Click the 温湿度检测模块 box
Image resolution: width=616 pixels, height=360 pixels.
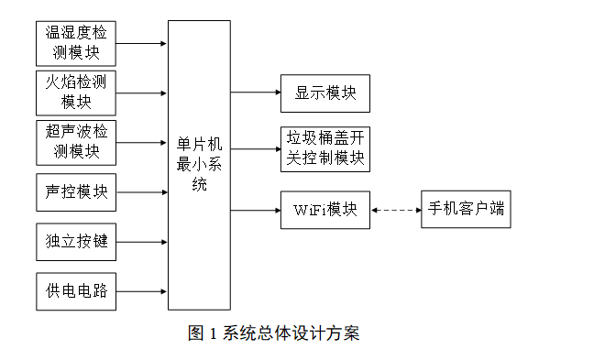click(77, 42)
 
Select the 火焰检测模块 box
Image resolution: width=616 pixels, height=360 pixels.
click(77, 92)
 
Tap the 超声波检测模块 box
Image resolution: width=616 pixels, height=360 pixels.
click(77, 141)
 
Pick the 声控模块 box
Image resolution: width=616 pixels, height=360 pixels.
click(77, 192)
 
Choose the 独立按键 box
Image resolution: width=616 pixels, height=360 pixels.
click(77, 242)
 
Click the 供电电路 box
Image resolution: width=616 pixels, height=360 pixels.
click(77, 291)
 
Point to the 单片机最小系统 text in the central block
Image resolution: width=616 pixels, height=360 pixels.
click(199, 165)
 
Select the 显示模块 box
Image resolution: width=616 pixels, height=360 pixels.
click(324, 93)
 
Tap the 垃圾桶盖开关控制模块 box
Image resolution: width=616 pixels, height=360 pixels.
click(324, 147)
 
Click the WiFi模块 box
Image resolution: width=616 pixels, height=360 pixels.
click(324, 210)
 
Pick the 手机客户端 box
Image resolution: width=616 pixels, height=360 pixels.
click(465, 210)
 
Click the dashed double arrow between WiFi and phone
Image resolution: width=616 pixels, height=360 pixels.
click(394, 210)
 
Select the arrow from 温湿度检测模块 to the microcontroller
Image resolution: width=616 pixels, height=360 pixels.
click(142, 42)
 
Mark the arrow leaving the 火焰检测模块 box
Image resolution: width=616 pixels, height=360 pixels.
click(142, 92)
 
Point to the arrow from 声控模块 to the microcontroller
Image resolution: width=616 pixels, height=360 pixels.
click(142, 192)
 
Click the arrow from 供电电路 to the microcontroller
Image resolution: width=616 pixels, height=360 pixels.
click(142, 291)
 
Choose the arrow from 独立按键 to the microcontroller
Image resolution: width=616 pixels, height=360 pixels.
click(142, 242)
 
